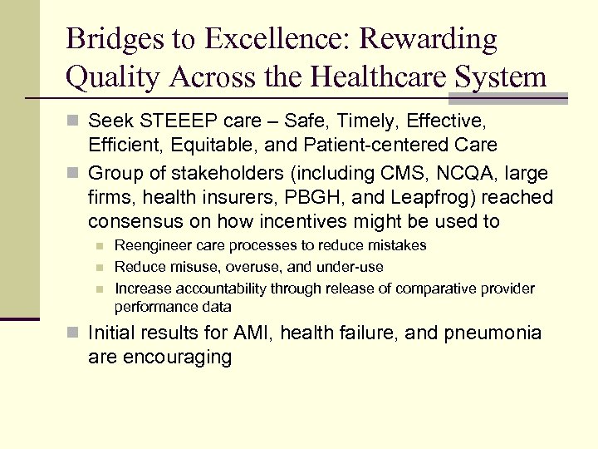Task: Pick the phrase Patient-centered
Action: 389,146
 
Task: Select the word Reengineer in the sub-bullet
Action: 151,245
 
